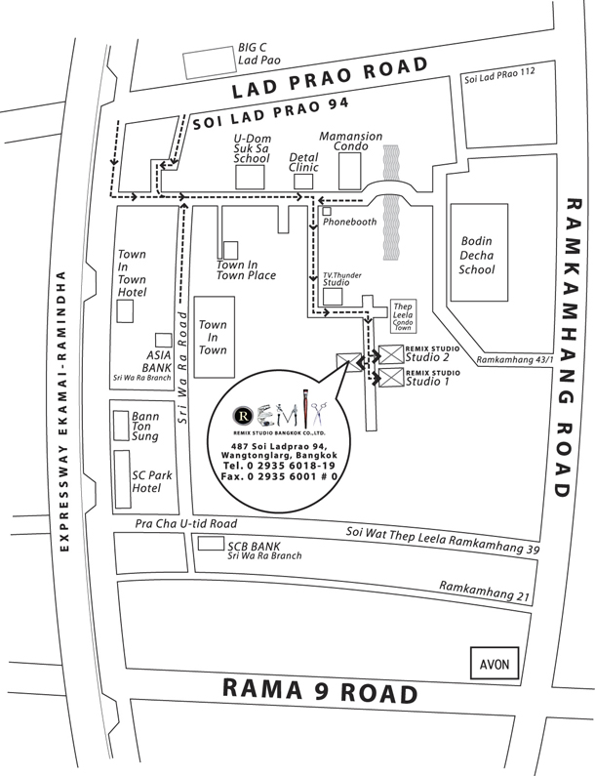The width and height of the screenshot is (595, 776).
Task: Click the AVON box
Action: pyautogui.click(x=495, y=663)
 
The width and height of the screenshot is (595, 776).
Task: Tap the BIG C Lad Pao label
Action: pyautogui.click(x=258, y=54)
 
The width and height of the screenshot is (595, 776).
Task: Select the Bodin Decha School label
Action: pyautogui.click(x=476, y=255)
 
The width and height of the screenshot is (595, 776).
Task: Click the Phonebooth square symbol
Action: pyautogui.click(x=327, y=211)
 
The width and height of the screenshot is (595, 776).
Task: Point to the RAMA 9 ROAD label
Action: pyautogui.click(x=320, y=690)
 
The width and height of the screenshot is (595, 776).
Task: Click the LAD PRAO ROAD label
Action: pyautogui.click(x=330, y=77)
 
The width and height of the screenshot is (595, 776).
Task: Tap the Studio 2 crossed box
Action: pyautogui.click(x=391, y=354)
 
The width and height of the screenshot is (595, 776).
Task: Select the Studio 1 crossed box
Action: pyautogui.click(x=391, y=378)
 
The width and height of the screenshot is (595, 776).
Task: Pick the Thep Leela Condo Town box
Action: pyautogui.click(x=403, y=315)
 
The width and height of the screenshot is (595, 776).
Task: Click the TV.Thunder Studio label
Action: pyautogui.click(x=342, y=278)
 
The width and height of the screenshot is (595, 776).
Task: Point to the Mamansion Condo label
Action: pyautogui.click(x=351, y=141)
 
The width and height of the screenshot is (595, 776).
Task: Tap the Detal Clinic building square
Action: pyautogui.click(x=303, y=182)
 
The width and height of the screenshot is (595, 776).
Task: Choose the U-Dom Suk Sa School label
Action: pyautogui.click(x=253, y=148)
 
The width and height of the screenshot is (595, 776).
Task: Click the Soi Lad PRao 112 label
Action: pyautogui.click(x=499, y=75)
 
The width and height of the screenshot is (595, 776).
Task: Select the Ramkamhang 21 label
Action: pyautogui.click(x=485, y=592)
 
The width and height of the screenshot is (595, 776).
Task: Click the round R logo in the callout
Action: pyautogui.click(x=243, y=416)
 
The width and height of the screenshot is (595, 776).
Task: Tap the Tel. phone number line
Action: pyautogui.click(x=279, y=466)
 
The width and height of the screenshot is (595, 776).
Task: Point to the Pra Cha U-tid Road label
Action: pyautogui.click(x=186, y=523)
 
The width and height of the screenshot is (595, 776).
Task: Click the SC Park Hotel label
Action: pyautogui.click(x=152, y=481)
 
